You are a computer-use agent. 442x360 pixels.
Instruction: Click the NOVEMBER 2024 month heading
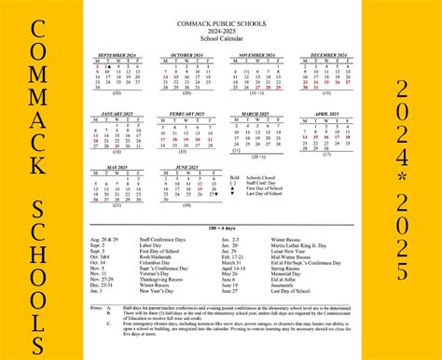(x=256, y=56)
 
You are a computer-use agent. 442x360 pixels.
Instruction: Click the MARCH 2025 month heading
(x=256, y=114)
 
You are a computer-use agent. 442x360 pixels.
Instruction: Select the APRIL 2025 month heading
(x=325, y=114)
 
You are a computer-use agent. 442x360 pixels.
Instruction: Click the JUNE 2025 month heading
(x=186, y=168)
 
